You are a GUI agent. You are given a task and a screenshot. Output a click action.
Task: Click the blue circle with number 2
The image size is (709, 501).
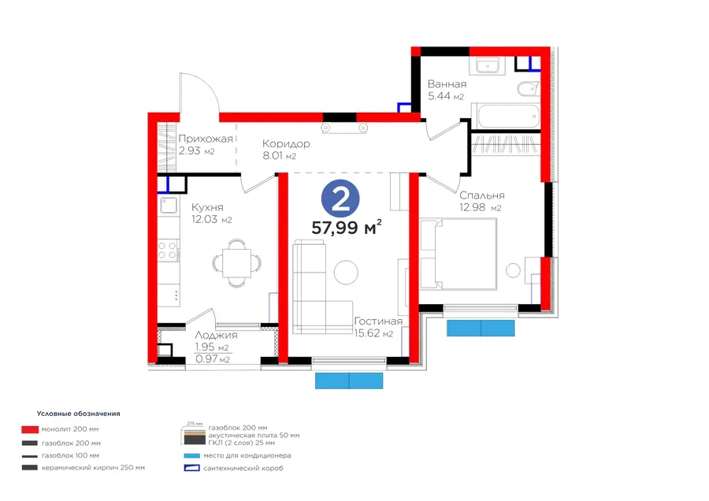tap(340, 199)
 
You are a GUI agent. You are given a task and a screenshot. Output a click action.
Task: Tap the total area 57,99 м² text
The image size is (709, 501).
tap(347, 227)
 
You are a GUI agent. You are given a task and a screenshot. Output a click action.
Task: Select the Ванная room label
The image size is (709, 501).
tap(447, 84)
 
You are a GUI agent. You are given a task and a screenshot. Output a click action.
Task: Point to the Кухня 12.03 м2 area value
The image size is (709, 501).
tap(212, 220)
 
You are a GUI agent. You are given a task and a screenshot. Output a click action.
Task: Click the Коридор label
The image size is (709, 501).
tap(286, 144)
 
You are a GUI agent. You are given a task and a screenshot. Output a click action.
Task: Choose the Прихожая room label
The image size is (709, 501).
tap(206, 139)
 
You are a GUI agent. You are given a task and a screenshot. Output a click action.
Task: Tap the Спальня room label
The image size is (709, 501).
tap(482, 196)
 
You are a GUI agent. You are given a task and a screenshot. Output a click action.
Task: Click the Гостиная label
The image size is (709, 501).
tap(378, 321)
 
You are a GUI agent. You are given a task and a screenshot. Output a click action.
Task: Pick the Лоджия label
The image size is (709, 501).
tap(216, 336)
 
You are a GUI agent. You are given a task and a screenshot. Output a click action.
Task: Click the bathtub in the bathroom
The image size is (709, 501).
tap(506, 117)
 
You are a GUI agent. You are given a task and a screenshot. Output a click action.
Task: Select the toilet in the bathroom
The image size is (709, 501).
tap(528, 89)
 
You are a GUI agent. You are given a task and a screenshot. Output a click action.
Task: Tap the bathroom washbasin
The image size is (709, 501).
tap(487, 66)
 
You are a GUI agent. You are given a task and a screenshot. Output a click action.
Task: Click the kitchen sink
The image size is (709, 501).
tap(169, 206)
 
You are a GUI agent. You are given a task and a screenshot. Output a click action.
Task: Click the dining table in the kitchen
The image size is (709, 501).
tap(236, 262)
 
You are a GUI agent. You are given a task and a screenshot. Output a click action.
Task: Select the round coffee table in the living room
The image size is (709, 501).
tap(346, 273)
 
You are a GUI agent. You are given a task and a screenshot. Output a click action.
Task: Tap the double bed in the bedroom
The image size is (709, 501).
tap(458, 254)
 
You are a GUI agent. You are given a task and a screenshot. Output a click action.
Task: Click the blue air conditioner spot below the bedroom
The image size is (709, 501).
tap(481, 328)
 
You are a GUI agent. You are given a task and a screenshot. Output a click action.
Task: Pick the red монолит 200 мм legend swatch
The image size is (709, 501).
tap(30, 429)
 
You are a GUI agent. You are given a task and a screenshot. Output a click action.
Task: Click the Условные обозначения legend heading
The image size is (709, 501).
tap(79, 414)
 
